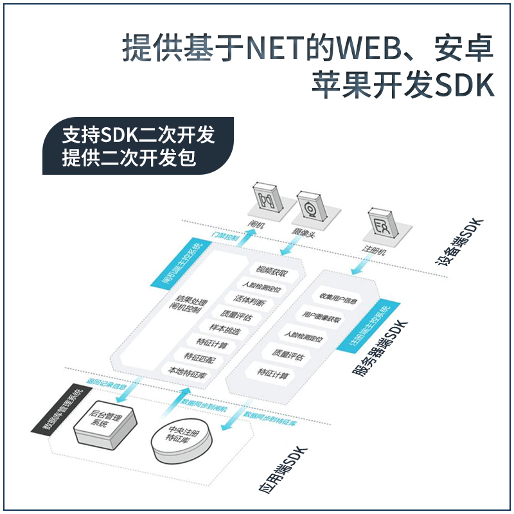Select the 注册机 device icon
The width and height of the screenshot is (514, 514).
pos(384,223)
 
